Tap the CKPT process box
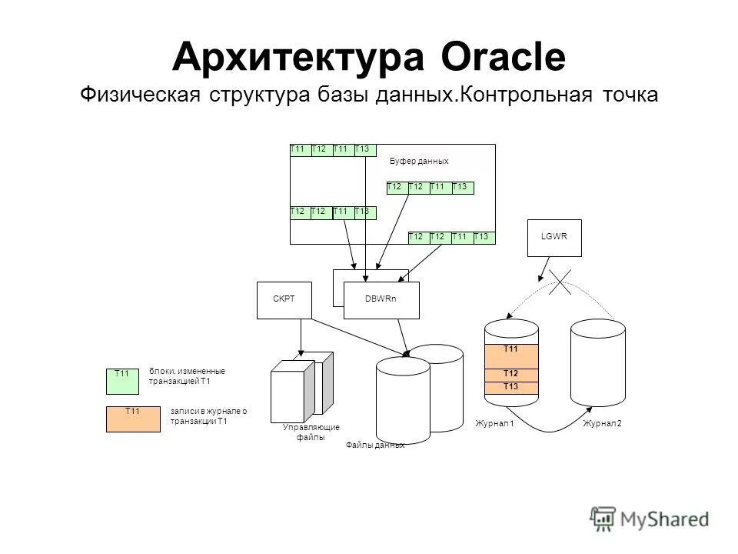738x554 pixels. click(x=284, y=300)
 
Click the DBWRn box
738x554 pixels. click(x=382, y=300)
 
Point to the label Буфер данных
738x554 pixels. click(x=418, y=161)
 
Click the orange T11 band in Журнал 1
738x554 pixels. click(x=510, y=355)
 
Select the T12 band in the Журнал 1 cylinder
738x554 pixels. click(x=510, y=374)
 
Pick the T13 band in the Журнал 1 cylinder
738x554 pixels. click(x=510, y=387)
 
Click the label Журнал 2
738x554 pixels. click(x=602, y=424)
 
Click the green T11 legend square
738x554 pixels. click(x=122, y=381)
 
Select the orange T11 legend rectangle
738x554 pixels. click(x=133, y=419)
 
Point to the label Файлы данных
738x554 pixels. click(x=375, y=445)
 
